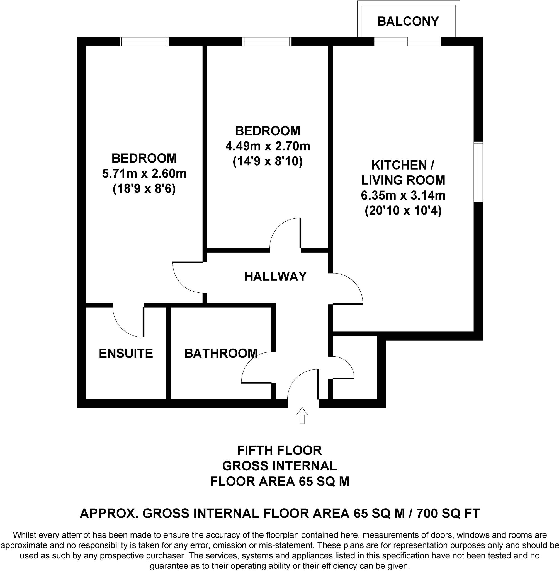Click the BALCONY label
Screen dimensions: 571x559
[x=408, y=21]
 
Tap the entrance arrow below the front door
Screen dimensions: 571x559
[x=302, y=415]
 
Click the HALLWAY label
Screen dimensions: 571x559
[x=275, y=276]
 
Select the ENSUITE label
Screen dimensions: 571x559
[x=126, y=353]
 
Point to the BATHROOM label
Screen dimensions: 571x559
[x=221, y=353]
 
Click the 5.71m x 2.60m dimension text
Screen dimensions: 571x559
[x=144, y=174]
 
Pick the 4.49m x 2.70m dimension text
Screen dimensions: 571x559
[x=268, y=146]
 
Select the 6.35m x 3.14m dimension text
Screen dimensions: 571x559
[x=403, y=195]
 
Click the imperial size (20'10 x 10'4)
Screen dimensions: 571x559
[x=403, y=211]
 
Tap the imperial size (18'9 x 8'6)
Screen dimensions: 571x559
[x=144, y=189]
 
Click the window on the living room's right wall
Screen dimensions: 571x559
[x=478, y=172]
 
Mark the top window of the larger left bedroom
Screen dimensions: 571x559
[x=144, y=42]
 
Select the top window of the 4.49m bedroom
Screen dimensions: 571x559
[x=267, y=42]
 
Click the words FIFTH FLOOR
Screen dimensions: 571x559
[x=279, y=450]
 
